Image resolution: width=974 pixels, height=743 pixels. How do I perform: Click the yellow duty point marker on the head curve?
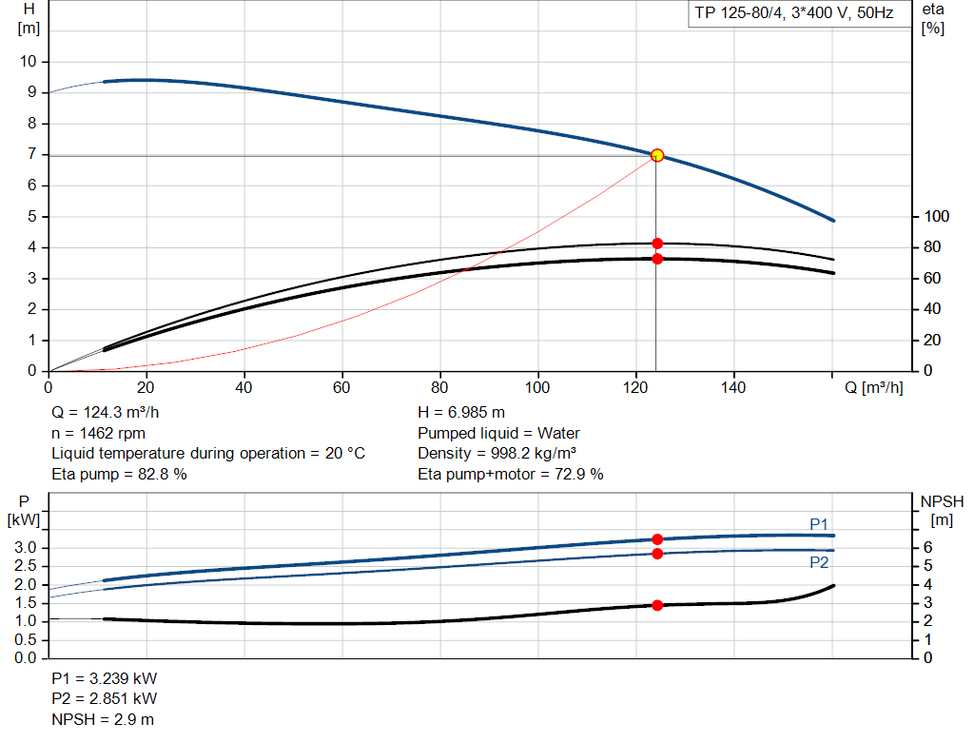tap(657, 155)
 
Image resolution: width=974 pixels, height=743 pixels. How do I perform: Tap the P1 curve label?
tap(819, 524)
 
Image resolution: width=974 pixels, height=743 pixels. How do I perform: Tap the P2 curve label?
tap(819, 562)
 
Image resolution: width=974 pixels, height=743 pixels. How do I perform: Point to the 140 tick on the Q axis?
tap(733, 387)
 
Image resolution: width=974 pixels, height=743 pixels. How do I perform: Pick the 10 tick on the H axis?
tap(29, 62)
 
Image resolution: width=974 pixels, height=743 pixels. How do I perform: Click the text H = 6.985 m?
tap(461, 413)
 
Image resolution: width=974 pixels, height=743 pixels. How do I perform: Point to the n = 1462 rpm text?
tap(98, 433)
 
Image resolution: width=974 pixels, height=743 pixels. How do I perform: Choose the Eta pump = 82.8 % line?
tap(119, 473)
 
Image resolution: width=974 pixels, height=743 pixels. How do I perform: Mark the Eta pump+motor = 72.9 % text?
tap(510, 473)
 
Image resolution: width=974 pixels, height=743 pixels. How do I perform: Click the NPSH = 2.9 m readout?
tap(103, 719)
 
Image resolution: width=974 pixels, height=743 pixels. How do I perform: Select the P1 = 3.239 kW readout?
tap(105, 679)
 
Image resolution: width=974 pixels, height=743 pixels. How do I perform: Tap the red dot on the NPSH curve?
tap(657, 605)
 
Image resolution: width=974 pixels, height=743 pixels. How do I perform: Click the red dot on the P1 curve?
tap(657, 539)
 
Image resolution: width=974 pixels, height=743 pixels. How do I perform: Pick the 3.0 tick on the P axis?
tap(26, 548)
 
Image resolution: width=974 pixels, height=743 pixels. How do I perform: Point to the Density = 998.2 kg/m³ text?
tap(497, 453)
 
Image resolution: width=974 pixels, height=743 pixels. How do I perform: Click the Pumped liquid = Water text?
tap(498, 433)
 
